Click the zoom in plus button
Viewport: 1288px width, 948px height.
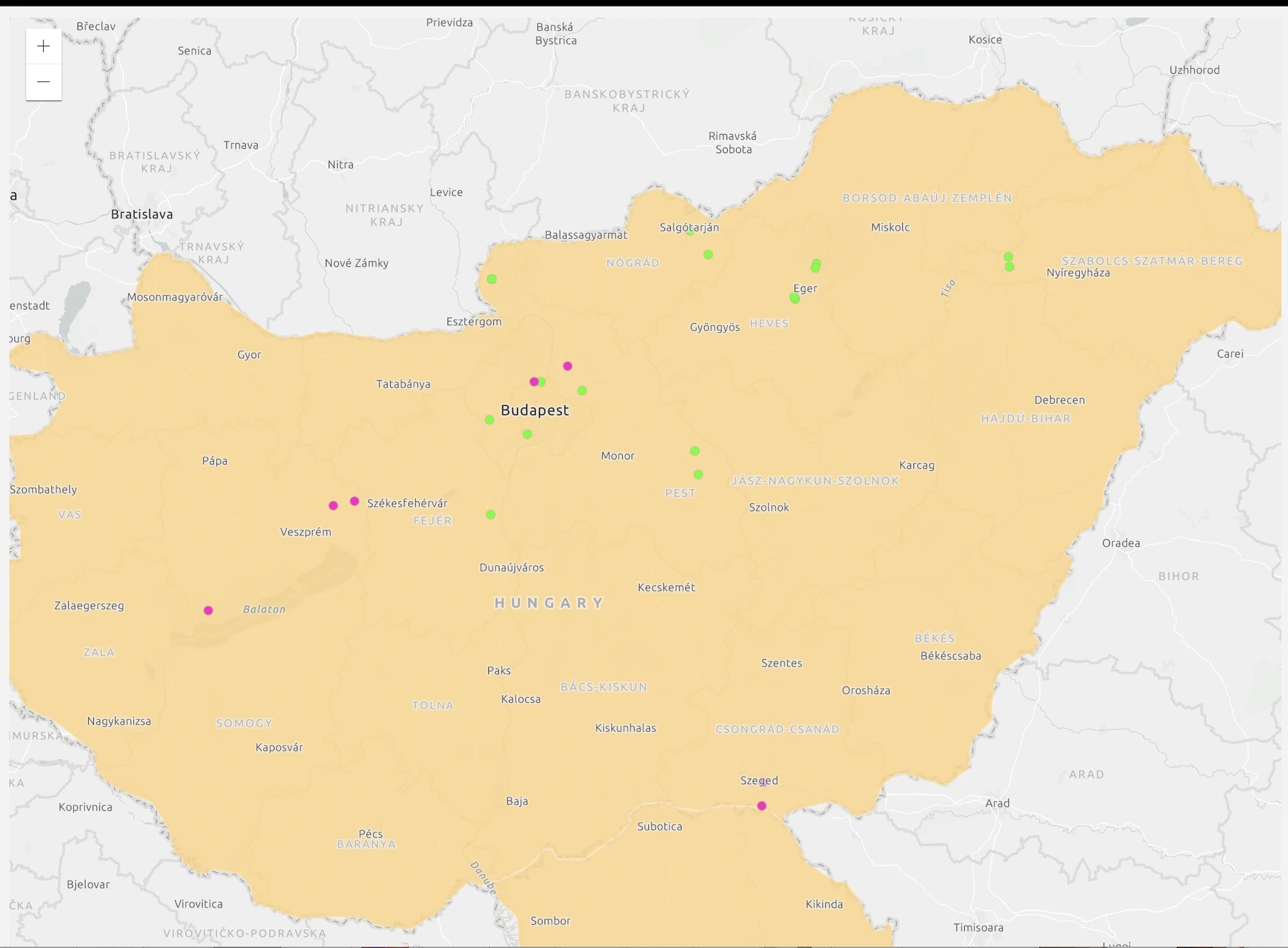tap(43, 46)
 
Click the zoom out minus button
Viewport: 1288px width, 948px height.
tap(43, 82)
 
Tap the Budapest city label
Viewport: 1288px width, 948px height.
tap(535, 410)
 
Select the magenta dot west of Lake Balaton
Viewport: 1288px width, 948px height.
tap(208, 610)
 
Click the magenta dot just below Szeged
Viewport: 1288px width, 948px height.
tap(762, 806)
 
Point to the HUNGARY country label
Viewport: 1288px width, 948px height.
tap(549, 603)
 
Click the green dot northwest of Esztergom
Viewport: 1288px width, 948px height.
tap(492, 279)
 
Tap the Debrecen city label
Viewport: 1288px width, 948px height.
tap(1059, 400)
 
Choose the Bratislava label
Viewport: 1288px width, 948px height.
tap(142, 214)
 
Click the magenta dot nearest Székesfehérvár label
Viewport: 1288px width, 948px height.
tap(355, 502)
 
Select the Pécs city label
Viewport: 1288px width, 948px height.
tap(371, 834)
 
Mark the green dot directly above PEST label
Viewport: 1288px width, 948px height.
tap(698, 475)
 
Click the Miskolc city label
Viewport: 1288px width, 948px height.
tap(890, 227)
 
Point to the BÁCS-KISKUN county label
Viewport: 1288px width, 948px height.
tap(603, 687)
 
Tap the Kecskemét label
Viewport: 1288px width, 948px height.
tap(667, 587)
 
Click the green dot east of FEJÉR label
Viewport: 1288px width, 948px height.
tap(491, 515)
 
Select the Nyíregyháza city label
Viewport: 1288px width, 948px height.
tap(1078, 273)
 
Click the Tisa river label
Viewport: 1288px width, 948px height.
tap(948, 288)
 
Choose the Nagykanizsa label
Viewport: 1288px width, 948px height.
tap(119, 721)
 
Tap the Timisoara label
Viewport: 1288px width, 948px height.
tap(978, 927)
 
